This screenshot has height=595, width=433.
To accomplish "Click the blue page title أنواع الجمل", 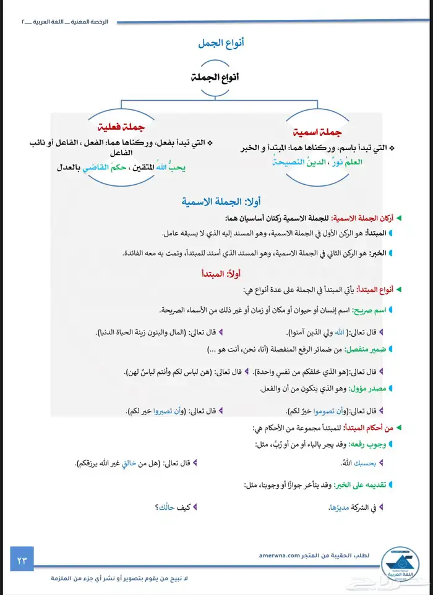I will (x=221, y=43).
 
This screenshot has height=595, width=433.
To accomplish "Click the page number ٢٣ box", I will (x=22, y=560).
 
